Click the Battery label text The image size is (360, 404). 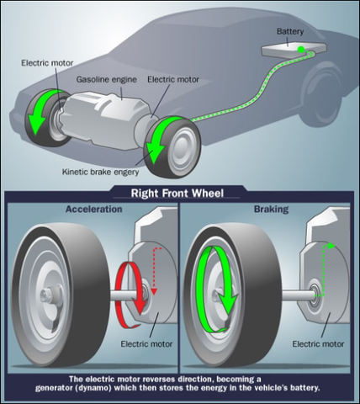point(290,31)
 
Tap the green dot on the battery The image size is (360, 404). point(301,50)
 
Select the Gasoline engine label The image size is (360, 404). point(107,80)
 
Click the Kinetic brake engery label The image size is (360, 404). point(101,172)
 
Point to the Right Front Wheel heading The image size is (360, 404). point(177,194)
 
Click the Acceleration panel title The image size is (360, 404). point(94,209)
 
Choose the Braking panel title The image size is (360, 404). point(272,209)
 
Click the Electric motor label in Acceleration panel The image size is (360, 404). point(146,344)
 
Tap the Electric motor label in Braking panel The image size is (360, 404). point(318,344)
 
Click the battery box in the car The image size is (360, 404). point(294,50)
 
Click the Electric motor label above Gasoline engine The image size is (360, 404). point(47,63)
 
